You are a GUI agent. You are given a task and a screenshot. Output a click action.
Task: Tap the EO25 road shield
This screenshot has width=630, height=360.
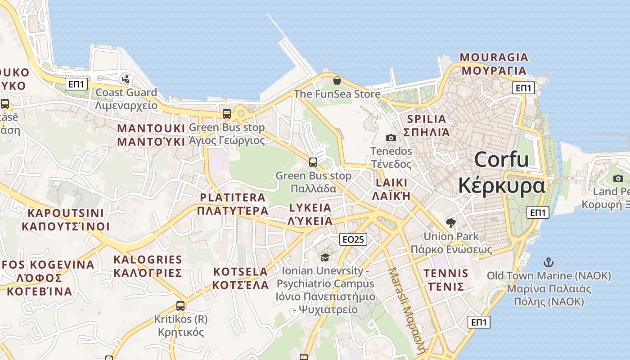pos(353,239)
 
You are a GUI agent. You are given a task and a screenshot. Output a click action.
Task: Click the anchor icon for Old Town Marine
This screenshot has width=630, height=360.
pos(548,262)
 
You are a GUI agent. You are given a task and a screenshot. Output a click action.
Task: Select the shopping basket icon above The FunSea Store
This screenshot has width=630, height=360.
pos(337,81)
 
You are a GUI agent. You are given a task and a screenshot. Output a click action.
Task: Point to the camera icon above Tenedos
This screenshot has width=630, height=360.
pos(391,138)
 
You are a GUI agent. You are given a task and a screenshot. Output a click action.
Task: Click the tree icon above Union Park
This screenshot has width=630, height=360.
pos(450,223)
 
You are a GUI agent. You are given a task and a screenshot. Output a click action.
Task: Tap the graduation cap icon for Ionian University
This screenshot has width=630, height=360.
pos(325,257)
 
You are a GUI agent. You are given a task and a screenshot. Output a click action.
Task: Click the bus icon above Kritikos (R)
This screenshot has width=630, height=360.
pos(180,306)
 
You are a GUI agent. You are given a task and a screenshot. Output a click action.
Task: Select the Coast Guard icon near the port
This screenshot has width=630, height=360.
pos(126,79)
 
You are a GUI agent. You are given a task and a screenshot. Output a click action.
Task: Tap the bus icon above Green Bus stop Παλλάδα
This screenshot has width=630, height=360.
pos(313,162)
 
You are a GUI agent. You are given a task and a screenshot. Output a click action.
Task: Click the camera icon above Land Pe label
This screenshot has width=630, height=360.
pos(618,178)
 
